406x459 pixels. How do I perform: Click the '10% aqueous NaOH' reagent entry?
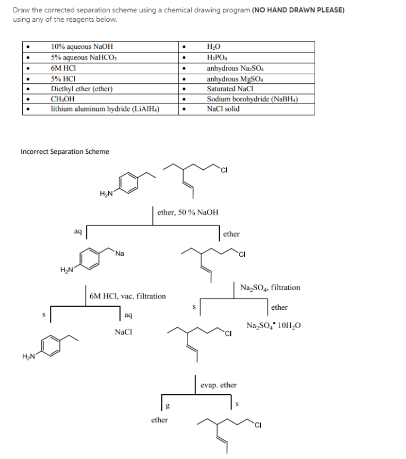[82, 47]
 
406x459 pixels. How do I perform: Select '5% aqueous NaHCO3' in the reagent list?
[85, 57]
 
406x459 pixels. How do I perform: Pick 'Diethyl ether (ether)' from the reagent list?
[82, 89]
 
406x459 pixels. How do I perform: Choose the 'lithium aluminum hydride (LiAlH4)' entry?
[106, 109]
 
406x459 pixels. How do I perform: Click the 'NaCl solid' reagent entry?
[223, 109]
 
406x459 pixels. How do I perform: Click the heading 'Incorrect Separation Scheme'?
[65, 152]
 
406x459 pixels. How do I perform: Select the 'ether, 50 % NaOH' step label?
[188, 212]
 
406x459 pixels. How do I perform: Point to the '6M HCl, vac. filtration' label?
[127, 296]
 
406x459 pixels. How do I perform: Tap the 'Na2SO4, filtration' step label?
[270, 288]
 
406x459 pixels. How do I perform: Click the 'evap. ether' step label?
[219, 385]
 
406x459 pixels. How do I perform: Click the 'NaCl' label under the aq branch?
[123, 333]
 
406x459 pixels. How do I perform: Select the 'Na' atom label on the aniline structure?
[119, 253]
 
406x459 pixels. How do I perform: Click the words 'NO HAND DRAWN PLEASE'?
[299, 10]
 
